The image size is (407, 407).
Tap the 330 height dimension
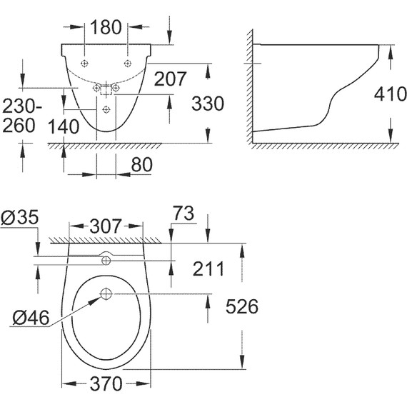coord(208,103)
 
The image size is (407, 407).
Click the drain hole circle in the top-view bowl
coord(106,293)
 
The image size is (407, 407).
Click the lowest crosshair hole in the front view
coord(106,109)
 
